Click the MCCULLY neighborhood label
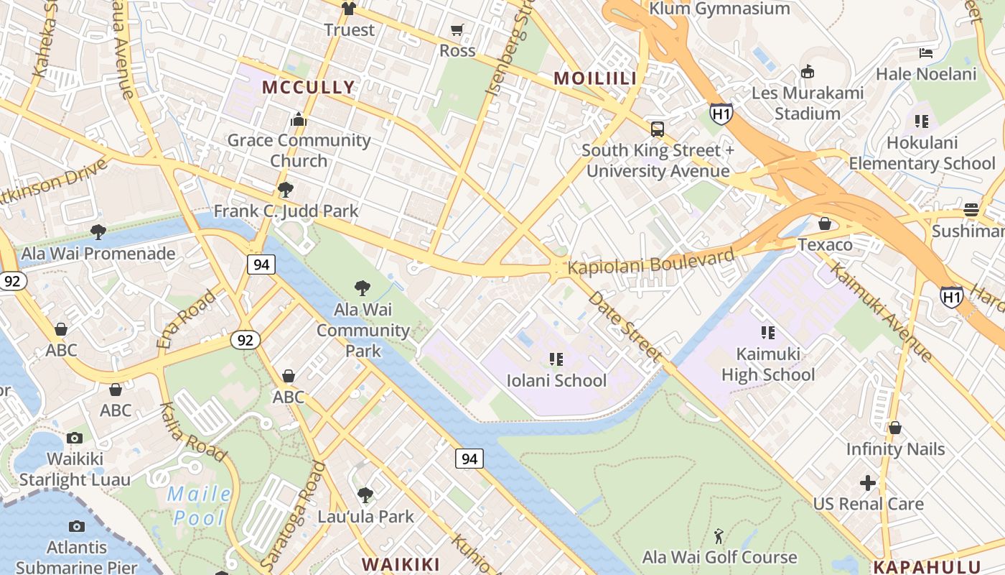pyautogui.click(x=308, y=88)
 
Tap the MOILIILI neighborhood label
pyautogui.click(x=595, y=79)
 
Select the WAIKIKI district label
pyautogui.click(x=401, y=563)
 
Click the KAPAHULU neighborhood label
pyautogui.click(x=927, y=566)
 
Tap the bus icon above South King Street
pyautogui.click(x=658, y=129)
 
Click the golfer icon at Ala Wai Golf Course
pyautogui.click(x=719, y=536)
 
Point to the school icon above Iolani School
pyautogui.click(x=556, y=359)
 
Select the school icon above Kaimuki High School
pyautogui.click(x=768, y=333)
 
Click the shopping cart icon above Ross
pyautogui.click(x=457, y=29)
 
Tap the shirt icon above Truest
pyautogui.click(x=349, y=9)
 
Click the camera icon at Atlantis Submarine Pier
pyautogui.click(x=76, y=527)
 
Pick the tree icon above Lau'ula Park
pyautogui.click(x=365, y=495)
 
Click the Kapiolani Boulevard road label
pyautogui.click(x=651, y=260)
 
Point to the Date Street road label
pyautogui.click(x=625, y=326)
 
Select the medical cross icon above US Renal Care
pyautogui.click(x=868, y=483)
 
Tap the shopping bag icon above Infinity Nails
pyautogui.click(x=894, y=428)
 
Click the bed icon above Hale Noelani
pyautogui.click(x=926, y=53)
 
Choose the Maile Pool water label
pyautogui.click(x=199, y=506)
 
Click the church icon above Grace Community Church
pyautogui.click(x=299, y=119)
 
